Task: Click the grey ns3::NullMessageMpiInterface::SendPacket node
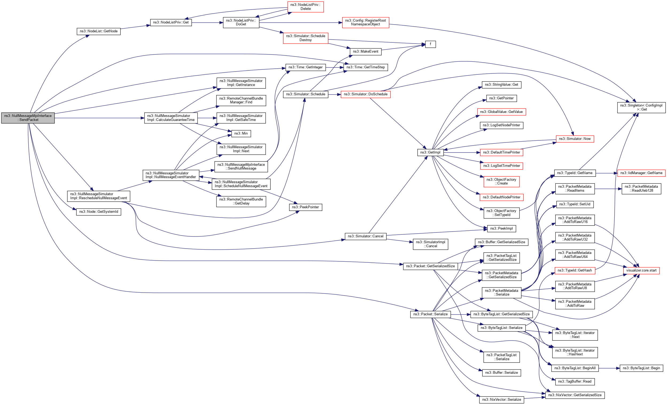pyautogui.click(x=28, y=118)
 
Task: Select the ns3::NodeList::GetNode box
pyautogui.click(x=99, y=31)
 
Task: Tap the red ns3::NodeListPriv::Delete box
pyautogui.click(x=305, y=7)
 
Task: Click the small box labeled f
pyautogui.click(x=430, y=44)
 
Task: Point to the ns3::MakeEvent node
pyautogui.click(x=366, y=52)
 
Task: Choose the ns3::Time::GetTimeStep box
pyautogui.click(x=366, y=67)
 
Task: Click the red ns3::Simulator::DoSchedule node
pyautogui.click(x=366, y=94)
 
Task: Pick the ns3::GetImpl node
pyautogui.click(x=430, y=152)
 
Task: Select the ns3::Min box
pyautogui.click(x=241, y=133)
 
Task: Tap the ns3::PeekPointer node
pyautogui.click(x=305, y=207)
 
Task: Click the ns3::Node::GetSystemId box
pyautogui.click(x=99, y=212)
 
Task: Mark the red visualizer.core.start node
pyautogui.click(x=641, y=270)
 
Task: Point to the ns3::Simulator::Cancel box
pyautogui.click(x=366, y=236)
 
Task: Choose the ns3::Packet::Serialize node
pyautogui.click(x=430, y=314)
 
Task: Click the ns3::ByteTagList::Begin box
pyautogui.click(x=641, y=368)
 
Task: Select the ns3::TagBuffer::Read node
pyautogui.click(x=575, y=382)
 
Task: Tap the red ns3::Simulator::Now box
pyautogui.click(x=575, y=139)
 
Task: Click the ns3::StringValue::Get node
pyautogui.click(x=501, y=85)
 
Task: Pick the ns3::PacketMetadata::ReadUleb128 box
pyautogui.click(x=641, y=189)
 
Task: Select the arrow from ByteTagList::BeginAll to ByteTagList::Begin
pyautogui.click(x=609, y=368)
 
